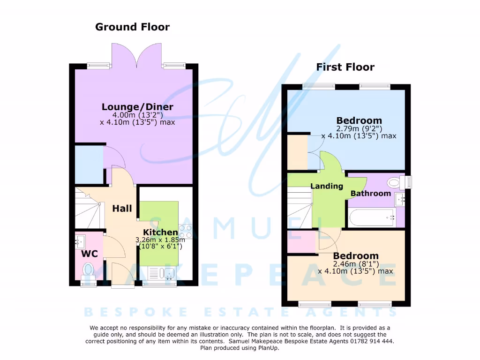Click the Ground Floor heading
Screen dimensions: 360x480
click(132, 27)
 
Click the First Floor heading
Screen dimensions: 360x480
click(345, 67)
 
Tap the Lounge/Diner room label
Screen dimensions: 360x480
click(137, 107)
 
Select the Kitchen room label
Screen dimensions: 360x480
click(160, 232)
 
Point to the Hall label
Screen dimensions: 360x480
click(122, 209)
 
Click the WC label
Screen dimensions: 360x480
click(90, 254)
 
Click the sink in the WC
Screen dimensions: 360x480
click(80, 242)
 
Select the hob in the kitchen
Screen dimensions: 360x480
click(185, 232)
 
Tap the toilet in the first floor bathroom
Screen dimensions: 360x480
click(395, 182)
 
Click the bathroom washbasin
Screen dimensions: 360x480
click(399, 199)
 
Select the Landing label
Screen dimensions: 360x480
click(327, 186)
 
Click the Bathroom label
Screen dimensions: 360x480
click(370, 193)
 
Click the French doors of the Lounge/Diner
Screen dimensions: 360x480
click(136, 55)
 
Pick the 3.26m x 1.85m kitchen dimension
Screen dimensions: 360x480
click(160, 240)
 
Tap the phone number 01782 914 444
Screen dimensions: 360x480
click(365, 341)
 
